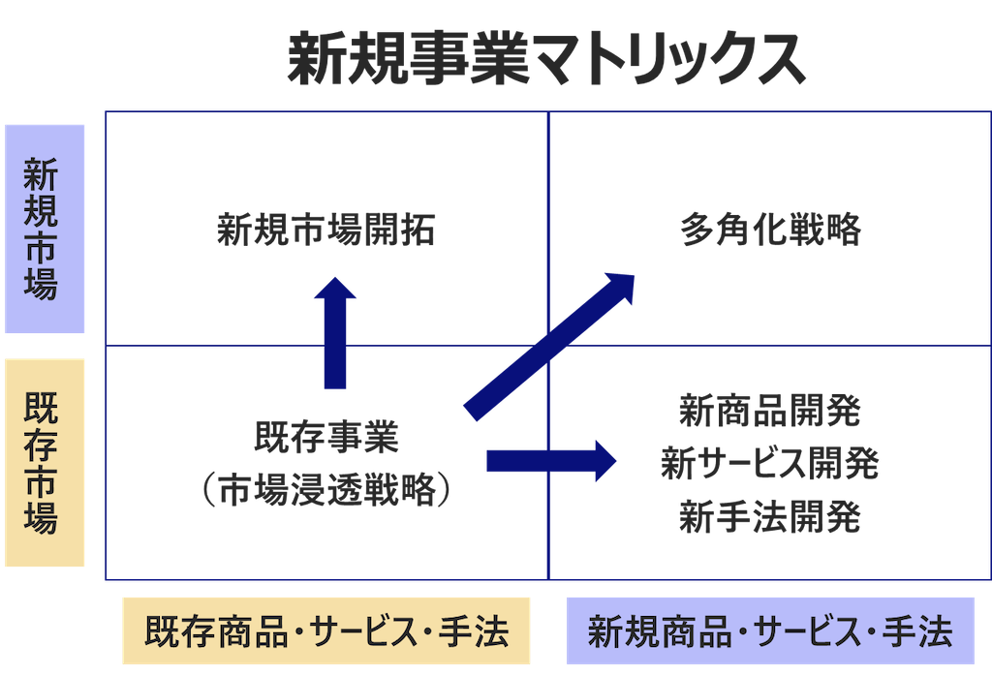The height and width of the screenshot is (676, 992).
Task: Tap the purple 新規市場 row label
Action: pyautogui.click(x=45, y=230)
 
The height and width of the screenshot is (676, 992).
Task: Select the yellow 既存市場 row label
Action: pyautogui.click(x=45, y=462)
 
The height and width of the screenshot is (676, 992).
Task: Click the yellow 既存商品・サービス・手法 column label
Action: pyautogui.click(x=326, y=631)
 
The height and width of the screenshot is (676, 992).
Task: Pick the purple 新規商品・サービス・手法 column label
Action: pyautogui.click(x=770, y=631)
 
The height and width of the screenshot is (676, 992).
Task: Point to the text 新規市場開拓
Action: pyautogui.click(x=326, y=230)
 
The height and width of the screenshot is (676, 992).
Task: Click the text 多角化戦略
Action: pyautogui.click(x=771, y=230)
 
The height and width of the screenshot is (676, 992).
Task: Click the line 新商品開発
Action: pyautogui.click(x=770, y=412)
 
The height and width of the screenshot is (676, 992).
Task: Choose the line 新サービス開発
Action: pyautogui.click(x=770, y=464)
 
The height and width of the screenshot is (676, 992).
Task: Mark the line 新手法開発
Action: pyautogui.click(x=770, y=516)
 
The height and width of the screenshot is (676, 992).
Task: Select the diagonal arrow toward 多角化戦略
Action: pyautogui.click(x=547, y=345)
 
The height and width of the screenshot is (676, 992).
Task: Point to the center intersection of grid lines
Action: pyautogui.click(x=548, y=345)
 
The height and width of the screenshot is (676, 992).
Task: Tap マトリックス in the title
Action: pyautogui.click(x=668, y=60)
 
